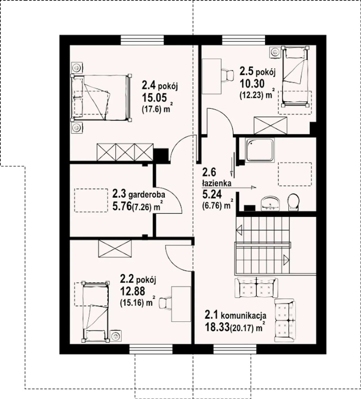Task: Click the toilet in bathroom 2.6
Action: (x=294, y=202)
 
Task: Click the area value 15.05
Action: (x=154, y=98)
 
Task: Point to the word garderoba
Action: (x=147, y=195)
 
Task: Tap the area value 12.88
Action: (x=133, y=291)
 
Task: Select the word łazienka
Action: (x=217, y=183)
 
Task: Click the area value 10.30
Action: (x=252, y=83)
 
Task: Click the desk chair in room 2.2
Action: (x=165, y=304)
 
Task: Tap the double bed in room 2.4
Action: (x=101, y=98)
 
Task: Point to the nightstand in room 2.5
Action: (x=275, y=52)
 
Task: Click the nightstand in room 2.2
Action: (x=116, y=336)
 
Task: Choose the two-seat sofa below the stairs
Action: (x=256, y=288)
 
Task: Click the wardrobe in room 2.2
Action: (x=115, y=249)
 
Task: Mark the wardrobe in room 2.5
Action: (x=270, y=125)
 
